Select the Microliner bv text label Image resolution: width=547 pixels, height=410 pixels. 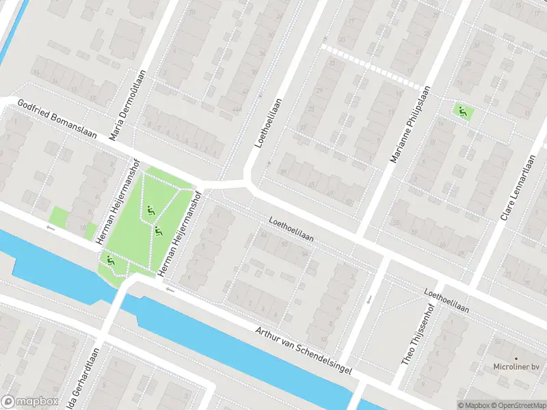tap(516, 367)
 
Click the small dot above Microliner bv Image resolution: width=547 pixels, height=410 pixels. tap(517, 357)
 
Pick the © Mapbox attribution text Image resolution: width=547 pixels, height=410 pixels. tap(472, 405)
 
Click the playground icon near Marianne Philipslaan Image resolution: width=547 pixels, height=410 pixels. tap(464, 111)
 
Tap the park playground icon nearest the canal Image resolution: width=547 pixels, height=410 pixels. tap(109, 260)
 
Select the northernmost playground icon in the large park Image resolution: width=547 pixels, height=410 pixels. tap(150, 210)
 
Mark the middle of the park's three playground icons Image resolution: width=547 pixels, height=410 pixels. tap(158, 232)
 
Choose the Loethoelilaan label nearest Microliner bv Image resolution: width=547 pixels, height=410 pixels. tap(446, 301)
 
